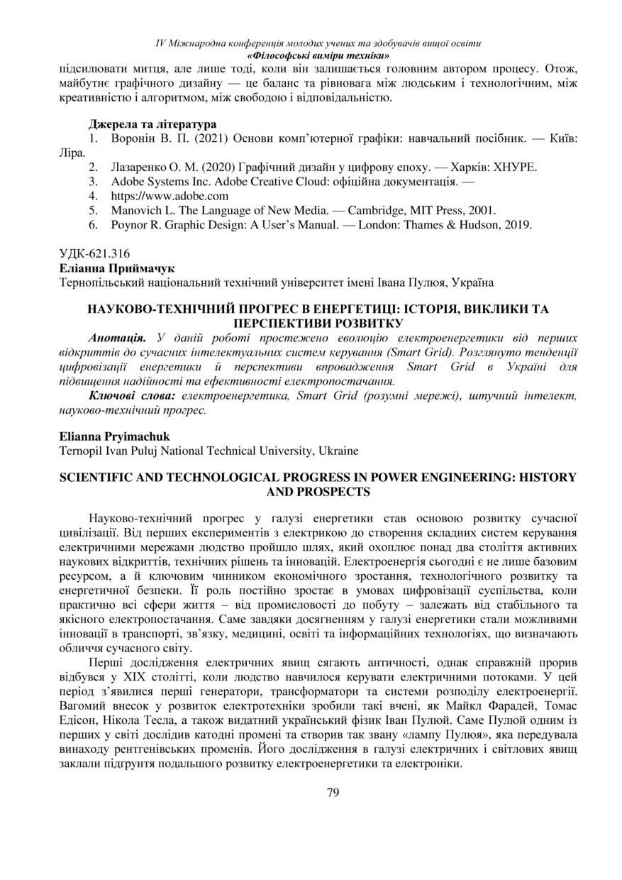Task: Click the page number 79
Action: (333, 792)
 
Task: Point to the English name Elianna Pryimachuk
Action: (116, 437)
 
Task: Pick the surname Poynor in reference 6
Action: (129, 224)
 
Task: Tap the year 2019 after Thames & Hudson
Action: (518, 224)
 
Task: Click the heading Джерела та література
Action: (152, 124)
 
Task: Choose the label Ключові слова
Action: (133, 394)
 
